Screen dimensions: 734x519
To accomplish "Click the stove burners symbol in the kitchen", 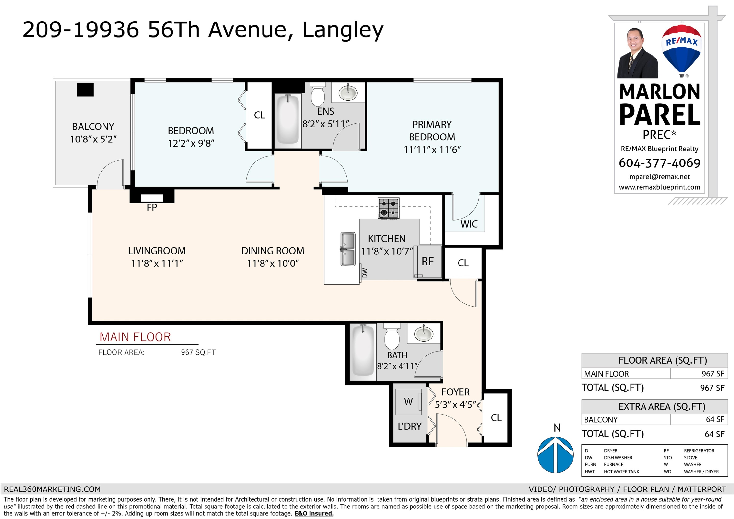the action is click(389, 208).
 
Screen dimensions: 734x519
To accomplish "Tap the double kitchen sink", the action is click(347, 249).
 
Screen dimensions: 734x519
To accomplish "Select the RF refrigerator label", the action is click(427, 262).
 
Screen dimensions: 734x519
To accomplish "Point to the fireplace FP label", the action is click(152, 208).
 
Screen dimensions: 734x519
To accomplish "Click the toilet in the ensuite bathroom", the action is click(318, 94).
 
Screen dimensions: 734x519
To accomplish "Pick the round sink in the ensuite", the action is click(348, 93).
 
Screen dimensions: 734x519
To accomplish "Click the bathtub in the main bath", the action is click(363, 350).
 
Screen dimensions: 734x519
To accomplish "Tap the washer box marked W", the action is click(408, 402).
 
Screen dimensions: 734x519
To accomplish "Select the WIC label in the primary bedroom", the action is click(469, 224).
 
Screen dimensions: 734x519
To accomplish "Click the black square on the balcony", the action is click(85, 90).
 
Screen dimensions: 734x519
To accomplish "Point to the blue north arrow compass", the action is click(555, 454).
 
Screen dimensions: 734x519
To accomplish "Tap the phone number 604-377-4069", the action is click(660, 163).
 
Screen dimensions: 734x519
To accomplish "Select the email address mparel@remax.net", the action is click(660, 177).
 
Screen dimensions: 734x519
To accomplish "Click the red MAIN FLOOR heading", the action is click(135, 337).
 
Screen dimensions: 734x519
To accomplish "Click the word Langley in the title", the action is click(343, 30).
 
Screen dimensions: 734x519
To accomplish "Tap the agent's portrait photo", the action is click(637, 53).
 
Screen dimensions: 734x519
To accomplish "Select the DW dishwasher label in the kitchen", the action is click(365, 273).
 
